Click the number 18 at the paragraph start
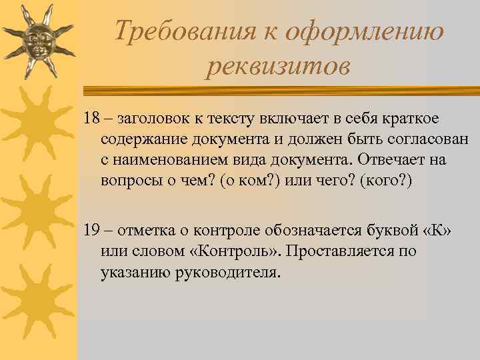point(92,119)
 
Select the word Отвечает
point(392,161)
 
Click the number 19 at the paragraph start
point(92,230)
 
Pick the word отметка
point(150,230)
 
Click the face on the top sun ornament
point(36,41)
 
